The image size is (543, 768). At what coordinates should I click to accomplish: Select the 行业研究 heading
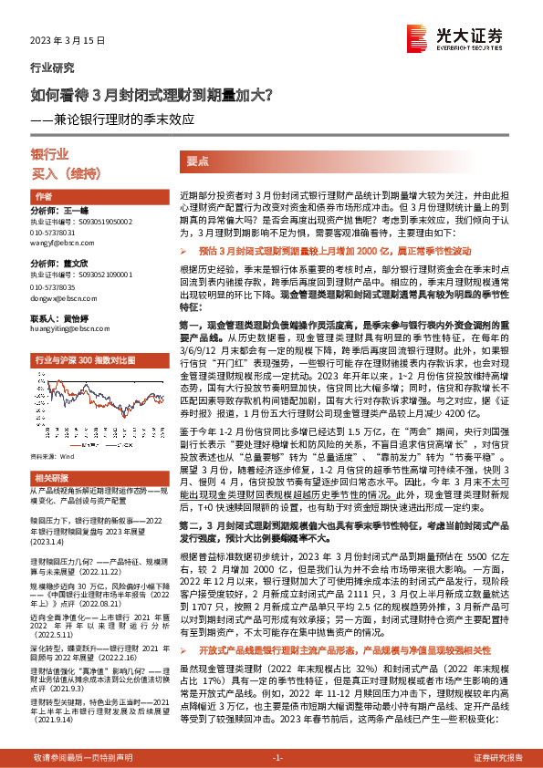(52, 68)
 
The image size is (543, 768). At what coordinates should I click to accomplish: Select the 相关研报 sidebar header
(51, 503)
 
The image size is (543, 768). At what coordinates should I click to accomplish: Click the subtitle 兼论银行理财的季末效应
(137, 118)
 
